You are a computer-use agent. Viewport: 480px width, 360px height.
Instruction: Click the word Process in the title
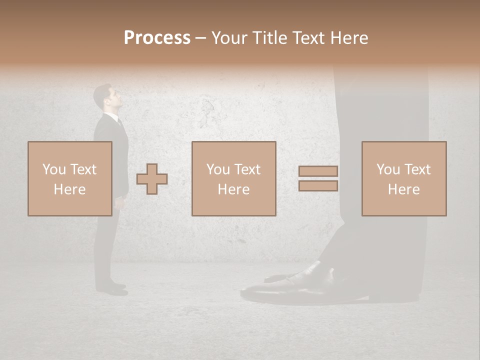click(157, 38)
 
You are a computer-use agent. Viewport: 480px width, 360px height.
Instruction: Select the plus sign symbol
click(152, 179)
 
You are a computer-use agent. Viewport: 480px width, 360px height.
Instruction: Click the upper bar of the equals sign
click(318, 171)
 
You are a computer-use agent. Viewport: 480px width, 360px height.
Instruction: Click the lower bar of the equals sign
click(318, 186)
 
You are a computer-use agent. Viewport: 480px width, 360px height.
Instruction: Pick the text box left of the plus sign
click(69, 179)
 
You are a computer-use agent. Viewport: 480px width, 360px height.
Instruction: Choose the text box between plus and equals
click(233, 179)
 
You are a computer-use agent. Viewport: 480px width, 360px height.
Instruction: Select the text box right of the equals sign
click(403, 179)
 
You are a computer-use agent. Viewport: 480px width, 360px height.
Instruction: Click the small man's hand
click(117, 202)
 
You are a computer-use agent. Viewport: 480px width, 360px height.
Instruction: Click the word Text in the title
click(307, 38)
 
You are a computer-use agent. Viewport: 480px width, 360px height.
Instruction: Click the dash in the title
click(200, 38)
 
